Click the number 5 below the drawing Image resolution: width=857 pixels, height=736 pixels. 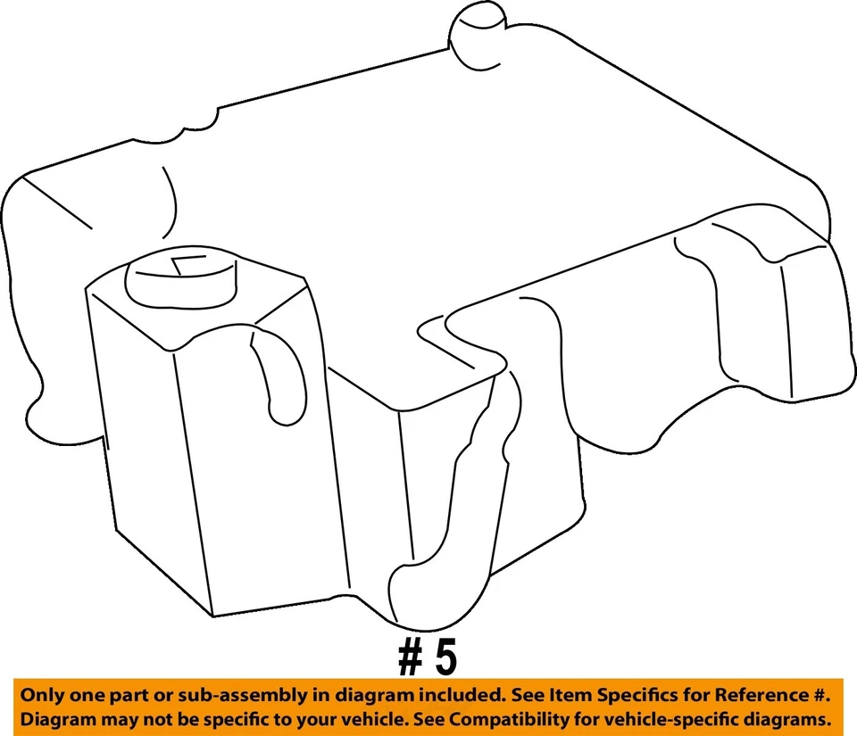(445, 658)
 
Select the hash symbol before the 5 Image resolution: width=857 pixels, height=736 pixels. (410, 658)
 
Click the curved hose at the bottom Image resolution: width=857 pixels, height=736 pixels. (437, 571)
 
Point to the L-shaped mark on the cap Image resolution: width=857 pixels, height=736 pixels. (189, 264)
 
